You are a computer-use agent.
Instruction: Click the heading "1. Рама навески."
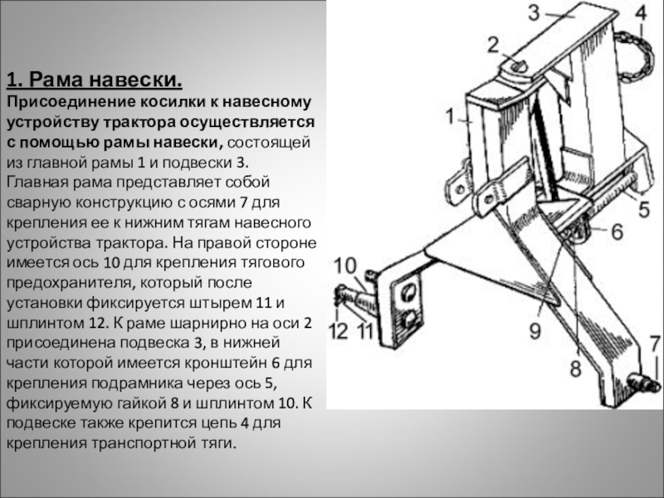[94, 81]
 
